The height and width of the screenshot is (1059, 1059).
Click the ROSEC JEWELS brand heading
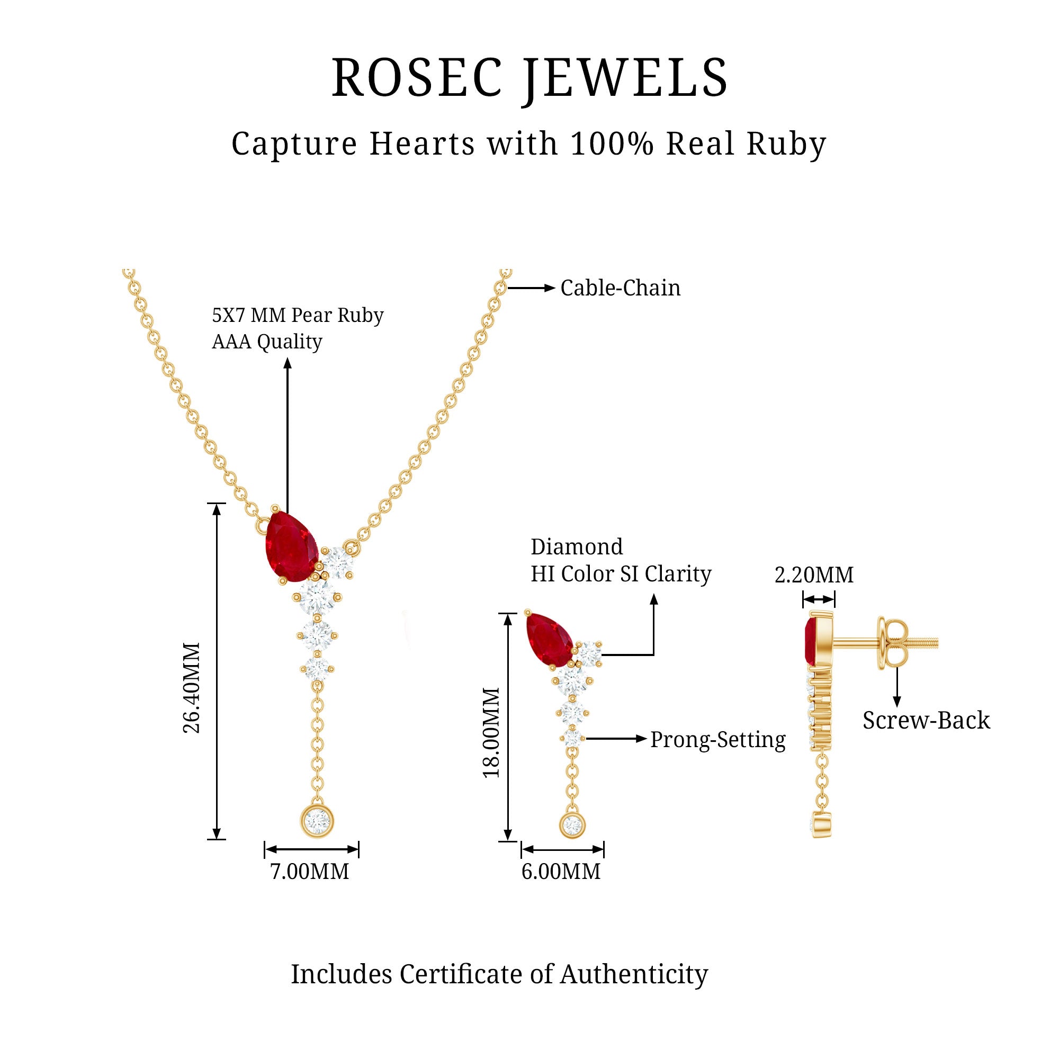tap(529, 78)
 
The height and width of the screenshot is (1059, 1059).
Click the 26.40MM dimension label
tap(192, 688)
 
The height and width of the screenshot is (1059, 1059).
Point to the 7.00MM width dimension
tap(310, 872)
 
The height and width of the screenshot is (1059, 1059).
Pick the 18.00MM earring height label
tap(492, 732)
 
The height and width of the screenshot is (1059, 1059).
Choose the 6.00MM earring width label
tap(561, 872)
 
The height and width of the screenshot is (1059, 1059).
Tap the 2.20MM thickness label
tap(814, 575)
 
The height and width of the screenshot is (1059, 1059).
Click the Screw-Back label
tap(926, 720)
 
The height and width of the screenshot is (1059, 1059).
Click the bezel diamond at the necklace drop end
tap(317, 821)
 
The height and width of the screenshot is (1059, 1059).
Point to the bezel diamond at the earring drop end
tap(572, 824)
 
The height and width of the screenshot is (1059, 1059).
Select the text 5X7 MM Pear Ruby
tap(298, 315)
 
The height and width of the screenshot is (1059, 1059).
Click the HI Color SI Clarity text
tap(621, 574)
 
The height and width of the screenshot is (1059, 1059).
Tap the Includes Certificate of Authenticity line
tap(499, 974)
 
